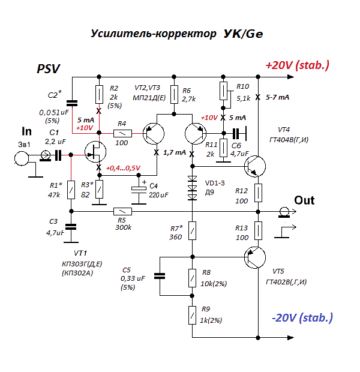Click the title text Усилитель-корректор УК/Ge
pos(177,34)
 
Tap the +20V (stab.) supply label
pos(298,65)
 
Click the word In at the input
pos(27,131)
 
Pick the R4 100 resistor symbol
pos(122,133)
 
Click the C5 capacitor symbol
pos(159,276)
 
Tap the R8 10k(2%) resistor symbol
pos(192,277)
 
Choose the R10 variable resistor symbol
pos(223,91)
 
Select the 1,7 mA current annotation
pos(175,153)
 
